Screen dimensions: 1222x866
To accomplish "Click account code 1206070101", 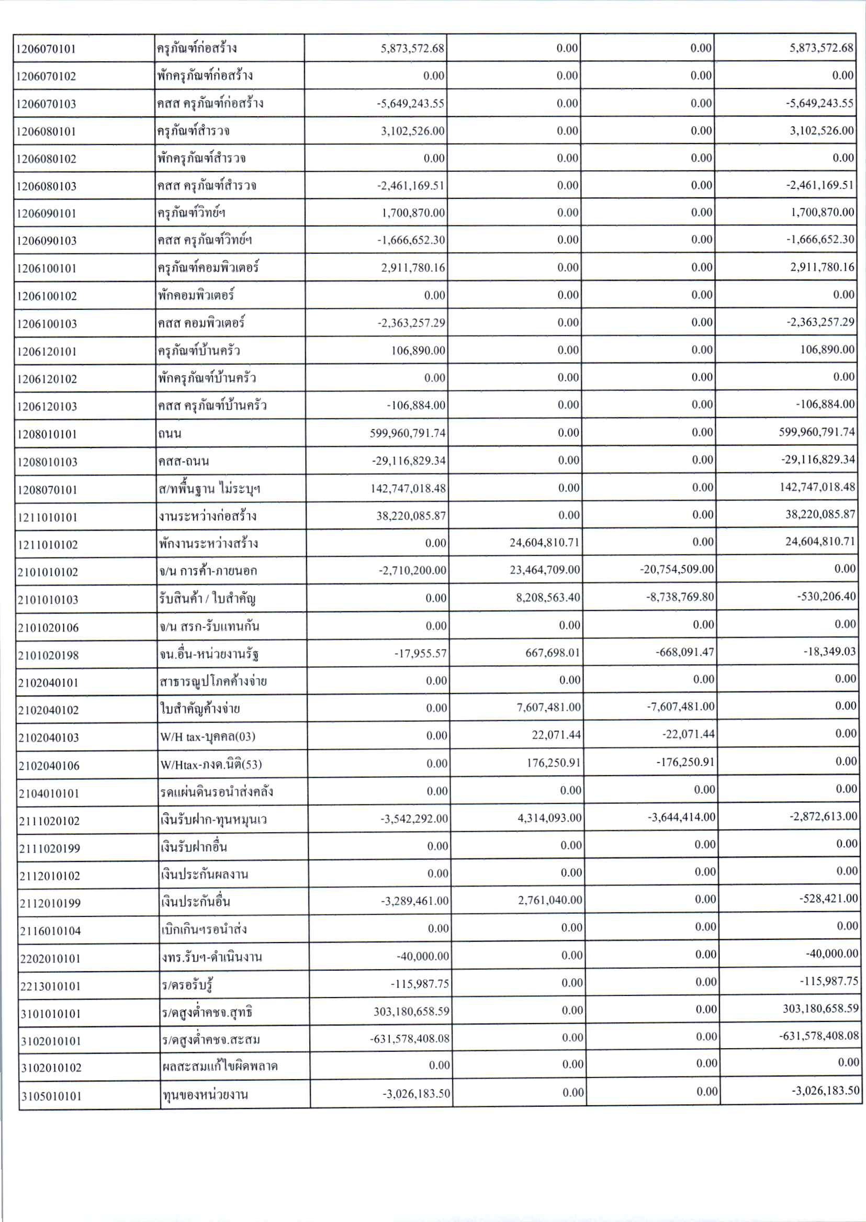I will [47, 49].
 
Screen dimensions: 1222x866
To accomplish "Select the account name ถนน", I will [170, 433].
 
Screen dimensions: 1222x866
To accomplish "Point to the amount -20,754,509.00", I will [677, 569].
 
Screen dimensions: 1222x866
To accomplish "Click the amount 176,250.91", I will [552, 763].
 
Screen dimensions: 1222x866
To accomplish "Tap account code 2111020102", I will [50, 821].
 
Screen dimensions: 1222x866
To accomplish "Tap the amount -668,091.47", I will [685, 652].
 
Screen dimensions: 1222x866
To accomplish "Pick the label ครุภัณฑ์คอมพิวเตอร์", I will [208, 267].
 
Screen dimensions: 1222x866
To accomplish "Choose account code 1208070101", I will [47, 490].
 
